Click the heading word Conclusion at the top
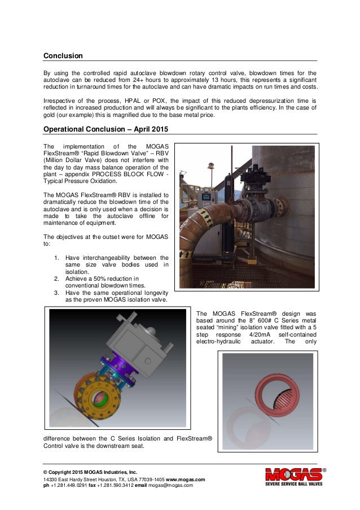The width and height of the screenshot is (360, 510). (x=64, y=56)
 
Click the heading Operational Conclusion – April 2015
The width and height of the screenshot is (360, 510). (x=106, y=128)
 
